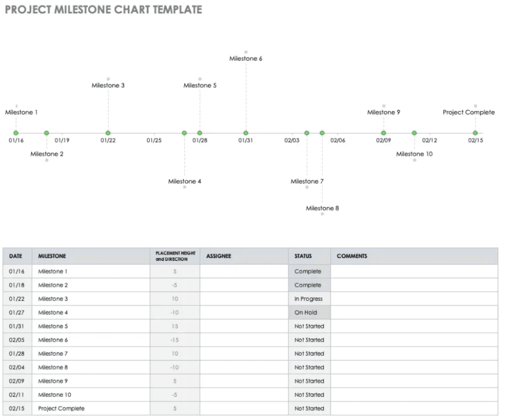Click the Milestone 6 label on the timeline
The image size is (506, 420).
[246, 58]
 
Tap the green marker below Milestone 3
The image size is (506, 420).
[108, 133]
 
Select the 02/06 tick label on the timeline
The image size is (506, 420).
[337, 140]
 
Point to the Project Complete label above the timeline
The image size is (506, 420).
[468, 112]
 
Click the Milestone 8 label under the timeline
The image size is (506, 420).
[322, 208]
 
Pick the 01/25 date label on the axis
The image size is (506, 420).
[154, 140]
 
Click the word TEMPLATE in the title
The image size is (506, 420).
[177, 10]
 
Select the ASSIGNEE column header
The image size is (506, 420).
[219, 256]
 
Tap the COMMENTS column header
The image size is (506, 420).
[352, 256]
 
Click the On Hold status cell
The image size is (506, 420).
[309, 312]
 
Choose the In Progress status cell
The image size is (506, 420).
[309, 299]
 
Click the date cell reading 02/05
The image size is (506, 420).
[17, 339]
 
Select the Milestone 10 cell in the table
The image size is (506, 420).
[54, 394]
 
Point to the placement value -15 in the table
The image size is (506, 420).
[174, 339]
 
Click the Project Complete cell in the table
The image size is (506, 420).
[61, 408]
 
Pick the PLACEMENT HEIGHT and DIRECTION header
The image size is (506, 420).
[175, 256]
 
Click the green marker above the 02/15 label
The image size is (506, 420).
[475, 133]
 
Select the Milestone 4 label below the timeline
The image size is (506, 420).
[185, 181]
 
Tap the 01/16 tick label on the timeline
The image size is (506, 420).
[16, 140]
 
